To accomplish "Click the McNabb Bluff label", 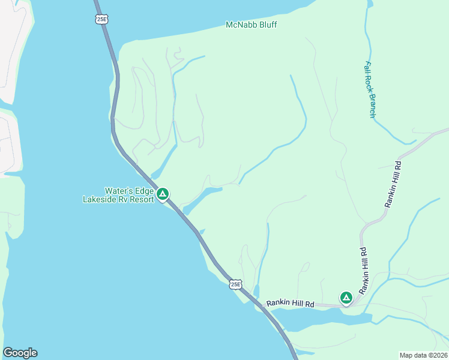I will point(252,25).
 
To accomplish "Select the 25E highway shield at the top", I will point(101,19).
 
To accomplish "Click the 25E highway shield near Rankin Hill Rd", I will point(236,284).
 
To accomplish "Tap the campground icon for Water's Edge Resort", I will point(162,194).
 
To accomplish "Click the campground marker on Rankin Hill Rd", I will point(346,297).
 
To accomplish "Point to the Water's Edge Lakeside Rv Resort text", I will point(118,195).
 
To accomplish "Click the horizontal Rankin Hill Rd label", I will point(291,304).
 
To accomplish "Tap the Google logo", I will point(20,353).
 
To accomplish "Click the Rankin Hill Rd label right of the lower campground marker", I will point(364,271).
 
